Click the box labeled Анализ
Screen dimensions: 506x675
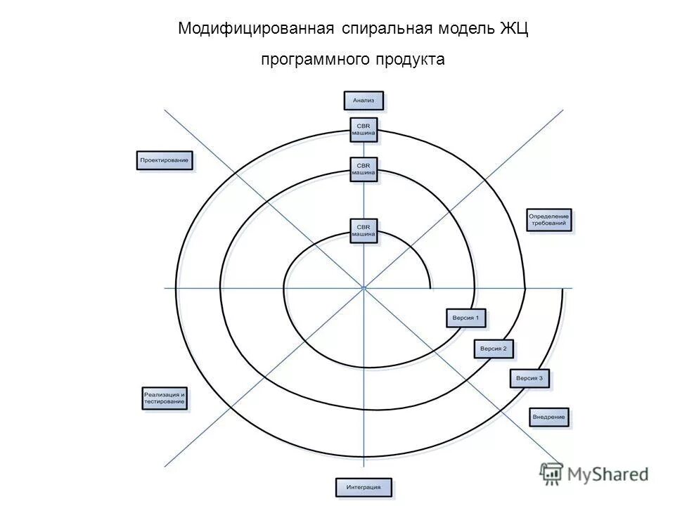point(364,100)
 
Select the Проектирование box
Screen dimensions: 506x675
point(165,161)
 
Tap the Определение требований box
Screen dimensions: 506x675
point(549,220)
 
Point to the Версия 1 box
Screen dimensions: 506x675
point(466,318)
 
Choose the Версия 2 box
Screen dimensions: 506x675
point(494,348)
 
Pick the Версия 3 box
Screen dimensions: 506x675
point(529,378)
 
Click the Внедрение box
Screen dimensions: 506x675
point(549,417)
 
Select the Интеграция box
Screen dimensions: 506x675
point(364,487)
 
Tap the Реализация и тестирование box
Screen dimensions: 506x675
point(165,398)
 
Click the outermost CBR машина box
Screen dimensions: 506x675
point(364,129)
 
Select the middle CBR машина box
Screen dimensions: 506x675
point(364,169)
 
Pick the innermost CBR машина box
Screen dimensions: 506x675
point(364,231)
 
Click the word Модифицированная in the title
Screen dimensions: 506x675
point(255,30)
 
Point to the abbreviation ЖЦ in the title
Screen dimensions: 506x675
point(514,30)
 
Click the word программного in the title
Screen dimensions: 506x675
point(315,60)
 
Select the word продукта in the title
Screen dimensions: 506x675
point(411,60)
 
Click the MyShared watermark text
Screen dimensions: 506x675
point(608,474)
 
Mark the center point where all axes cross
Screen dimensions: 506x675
point(364,287)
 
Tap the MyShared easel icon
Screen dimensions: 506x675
point(551,474)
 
